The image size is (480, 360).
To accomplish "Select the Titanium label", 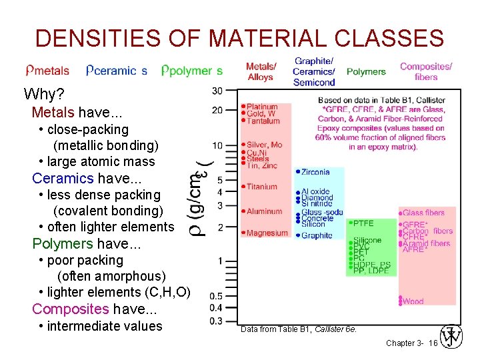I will click(261, 187).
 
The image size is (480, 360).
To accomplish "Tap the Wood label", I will click(413, 301).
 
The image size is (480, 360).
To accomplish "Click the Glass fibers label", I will click(423, 213).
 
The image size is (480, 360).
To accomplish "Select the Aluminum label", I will click(264, 211).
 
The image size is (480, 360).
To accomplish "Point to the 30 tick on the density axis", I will click(217, 91).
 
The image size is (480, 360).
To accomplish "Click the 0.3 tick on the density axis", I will click(216, 321).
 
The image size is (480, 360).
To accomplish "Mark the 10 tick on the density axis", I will click(217, 145).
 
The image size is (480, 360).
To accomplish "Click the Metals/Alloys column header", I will click(261, 71).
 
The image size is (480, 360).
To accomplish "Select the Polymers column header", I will click(366, 71).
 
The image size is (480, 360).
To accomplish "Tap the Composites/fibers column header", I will click(426, 71).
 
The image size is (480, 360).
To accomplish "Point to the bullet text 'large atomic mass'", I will click(101, 161).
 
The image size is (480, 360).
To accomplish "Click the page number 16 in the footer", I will click(433, 343).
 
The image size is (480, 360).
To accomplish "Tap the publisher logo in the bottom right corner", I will click(452, 337).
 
